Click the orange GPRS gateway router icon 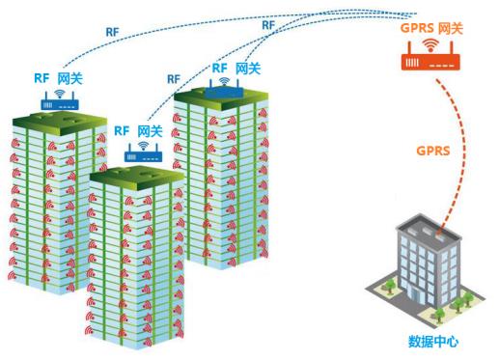point(428,62)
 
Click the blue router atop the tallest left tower point(58,101)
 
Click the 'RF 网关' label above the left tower point(55,77)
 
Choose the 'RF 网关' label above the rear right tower point(236,69)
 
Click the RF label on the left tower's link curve point(113,32)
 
